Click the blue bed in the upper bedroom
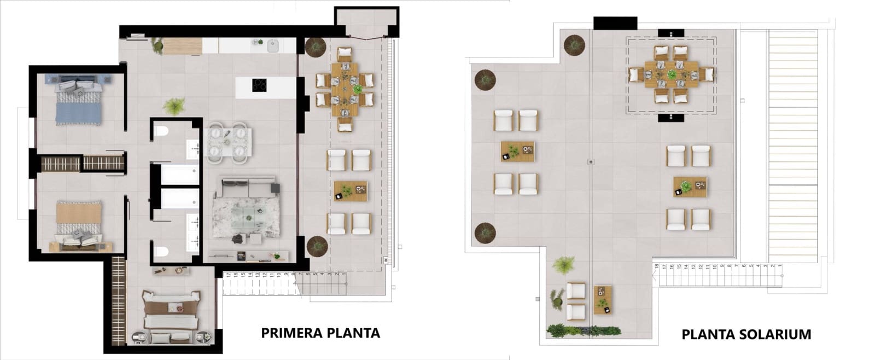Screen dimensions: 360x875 coord(79,101)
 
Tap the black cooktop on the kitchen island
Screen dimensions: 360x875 coord(259,85)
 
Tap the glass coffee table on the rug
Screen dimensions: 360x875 coord(248,214)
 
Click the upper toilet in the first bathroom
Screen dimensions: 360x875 coord(161,131)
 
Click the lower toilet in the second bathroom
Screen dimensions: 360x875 coord(161,251)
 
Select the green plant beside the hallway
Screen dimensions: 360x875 coord(174,106)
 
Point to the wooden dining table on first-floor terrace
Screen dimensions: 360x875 coord(344,88)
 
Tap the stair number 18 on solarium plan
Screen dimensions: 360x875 coord(656,267)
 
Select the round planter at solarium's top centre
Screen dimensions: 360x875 coord(575,44)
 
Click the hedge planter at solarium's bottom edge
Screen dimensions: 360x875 coord(583,330)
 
